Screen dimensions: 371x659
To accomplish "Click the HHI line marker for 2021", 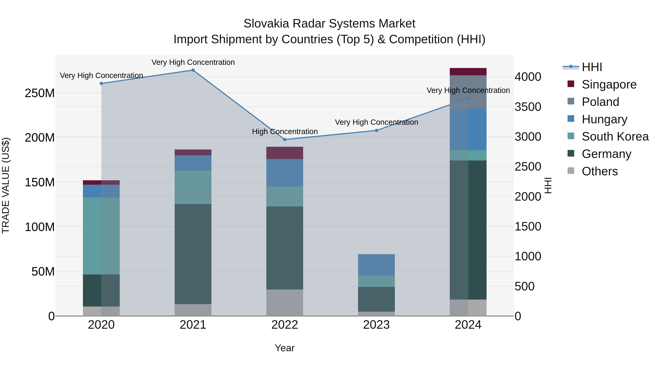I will point(193,70).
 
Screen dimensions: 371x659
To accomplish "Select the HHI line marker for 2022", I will point(285,140).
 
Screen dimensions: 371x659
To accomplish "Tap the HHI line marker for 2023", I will point(376,131).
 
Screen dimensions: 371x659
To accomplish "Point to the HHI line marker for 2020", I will point(101,84).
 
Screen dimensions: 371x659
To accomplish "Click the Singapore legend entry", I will point(609,84).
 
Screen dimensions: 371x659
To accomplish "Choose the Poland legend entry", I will point(600,102).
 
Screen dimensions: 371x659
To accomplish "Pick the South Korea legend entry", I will point(615,136).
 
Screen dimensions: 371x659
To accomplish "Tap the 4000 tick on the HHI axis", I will point(528,77).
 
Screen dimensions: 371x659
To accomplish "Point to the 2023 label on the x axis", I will point(376,325).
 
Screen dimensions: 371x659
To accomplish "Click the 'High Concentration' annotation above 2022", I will point(285,132).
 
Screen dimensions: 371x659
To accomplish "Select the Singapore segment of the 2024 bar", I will point(468,72).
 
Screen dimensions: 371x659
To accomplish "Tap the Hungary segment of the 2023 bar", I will point(376,265).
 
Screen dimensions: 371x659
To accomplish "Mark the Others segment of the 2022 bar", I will point(285,303).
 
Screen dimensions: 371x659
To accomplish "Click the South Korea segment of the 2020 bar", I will point(101,236).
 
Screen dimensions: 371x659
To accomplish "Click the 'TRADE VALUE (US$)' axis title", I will point(6,185).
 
